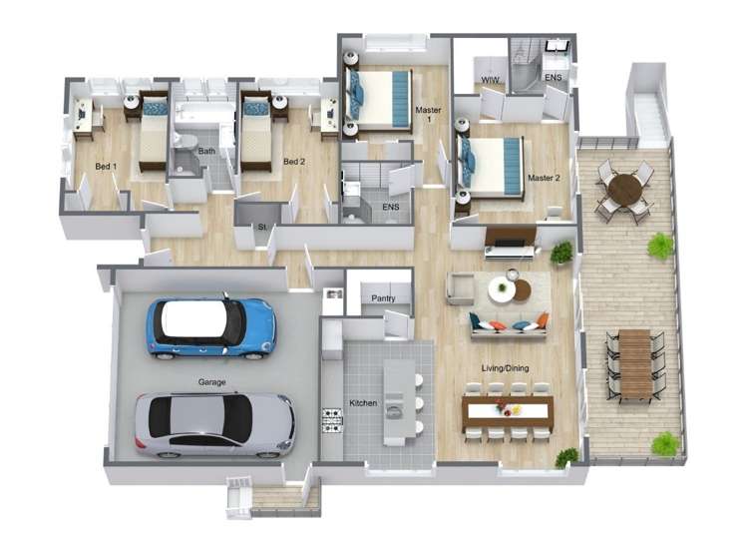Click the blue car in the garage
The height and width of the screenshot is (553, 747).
click(x=210, y=326)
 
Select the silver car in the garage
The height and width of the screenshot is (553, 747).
click(x=214, y=423)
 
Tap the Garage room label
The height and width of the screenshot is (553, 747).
click(x=210, y=381)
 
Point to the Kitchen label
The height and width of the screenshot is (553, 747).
click(x=363, y=403)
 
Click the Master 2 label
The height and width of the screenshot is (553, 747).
click(x=544, y=179)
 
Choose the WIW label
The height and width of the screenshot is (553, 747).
click(x=490, y=78)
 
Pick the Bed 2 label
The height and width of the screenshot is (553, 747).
click(x=293, y=162)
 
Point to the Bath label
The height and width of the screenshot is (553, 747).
click(x=206, y=152)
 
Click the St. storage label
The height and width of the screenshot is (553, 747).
click(x=262, y=229)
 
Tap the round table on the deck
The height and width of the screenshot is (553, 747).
click(x=624, y=189)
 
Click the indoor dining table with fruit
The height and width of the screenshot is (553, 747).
click(x=507, y=410)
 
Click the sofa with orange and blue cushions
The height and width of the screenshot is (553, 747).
click(x=511, y=323)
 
